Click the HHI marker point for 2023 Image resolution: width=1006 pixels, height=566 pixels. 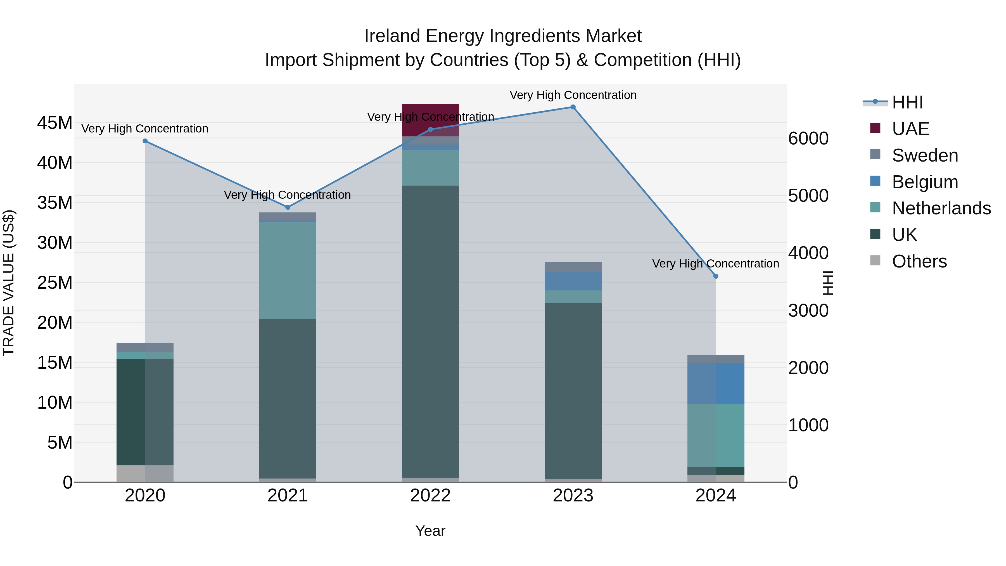pyautogui.click(x=573, y=107)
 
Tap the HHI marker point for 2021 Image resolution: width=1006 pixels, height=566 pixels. pyautogui.click(x=288, y=207)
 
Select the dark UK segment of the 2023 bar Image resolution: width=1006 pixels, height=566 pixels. pyautogui.click(x=573, y=391)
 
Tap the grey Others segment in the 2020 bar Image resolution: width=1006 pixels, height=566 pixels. pyautogui.click(x=145, y=473)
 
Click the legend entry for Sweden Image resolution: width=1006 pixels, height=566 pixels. pyautogui.click(x=925, y=155)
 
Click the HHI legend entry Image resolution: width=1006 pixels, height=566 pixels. pyautogui.click(x=907, y=102)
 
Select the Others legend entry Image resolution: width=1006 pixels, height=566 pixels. pyautogui.click(x=919, y=261)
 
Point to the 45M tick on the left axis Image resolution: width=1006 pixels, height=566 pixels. pyautogui.click(x=55, y=123)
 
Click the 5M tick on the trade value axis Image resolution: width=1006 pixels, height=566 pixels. pyautogui.click(x=59, y=442)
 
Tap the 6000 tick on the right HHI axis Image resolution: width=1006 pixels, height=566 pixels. pyautogui.click(x=808, y=138)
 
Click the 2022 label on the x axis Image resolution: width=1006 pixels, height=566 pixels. pyautogui.click(x=430, y=496)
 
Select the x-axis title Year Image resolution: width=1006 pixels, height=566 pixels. pyautogui.click(x=430, y=531)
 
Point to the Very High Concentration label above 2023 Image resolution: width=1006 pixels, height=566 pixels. pyautogui.click(x=573, y=95)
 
